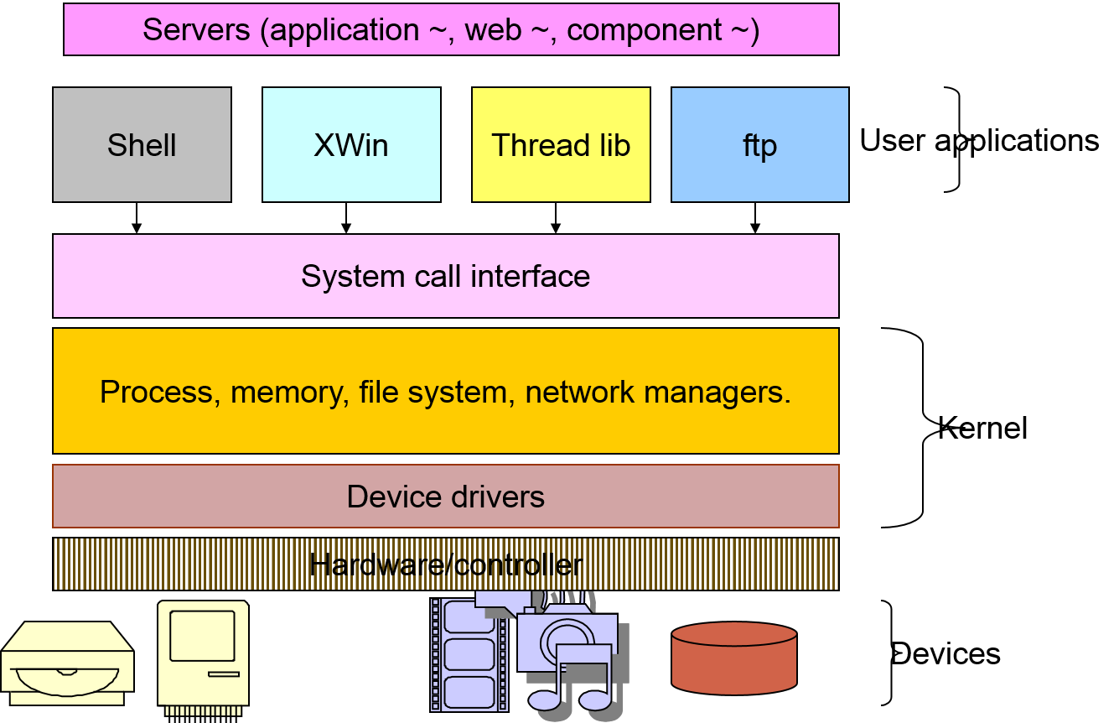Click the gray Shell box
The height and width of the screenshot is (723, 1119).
tap(142, 145)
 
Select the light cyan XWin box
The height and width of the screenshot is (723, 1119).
tap(351, 145)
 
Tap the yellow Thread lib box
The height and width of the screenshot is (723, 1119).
tap(561, 145)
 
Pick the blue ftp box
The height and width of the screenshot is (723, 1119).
tap(759, 145)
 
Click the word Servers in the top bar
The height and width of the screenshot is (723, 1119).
tap(196, 30)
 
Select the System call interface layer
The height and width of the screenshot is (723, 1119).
tap(445, 276)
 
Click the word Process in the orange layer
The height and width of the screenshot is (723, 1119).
tap(156, 392)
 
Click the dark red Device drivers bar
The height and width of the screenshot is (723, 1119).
tap(445, 497)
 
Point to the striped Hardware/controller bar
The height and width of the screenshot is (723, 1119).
tap(445, 564)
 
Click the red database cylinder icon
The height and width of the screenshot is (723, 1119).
tap(733, 658)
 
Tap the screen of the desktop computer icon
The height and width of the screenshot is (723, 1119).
tap(202, 636)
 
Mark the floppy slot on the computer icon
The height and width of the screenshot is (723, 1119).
tap(223, 674)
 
